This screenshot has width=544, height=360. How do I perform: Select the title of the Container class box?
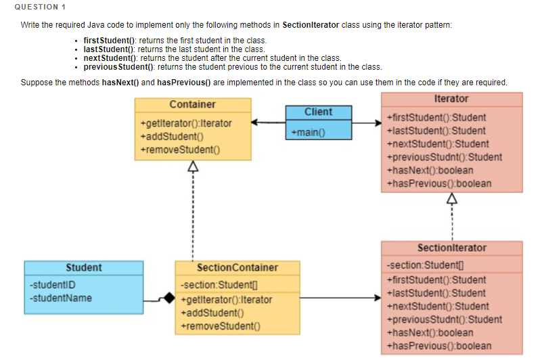pos(192,104)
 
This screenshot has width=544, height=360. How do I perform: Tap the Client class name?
pos(318,112)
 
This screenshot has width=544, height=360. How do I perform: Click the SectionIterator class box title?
pos(451,248)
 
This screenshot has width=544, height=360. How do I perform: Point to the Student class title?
pos(83,267)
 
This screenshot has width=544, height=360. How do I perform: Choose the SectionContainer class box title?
pos(237,267)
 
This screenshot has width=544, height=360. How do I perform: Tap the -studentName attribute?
pos(61,298)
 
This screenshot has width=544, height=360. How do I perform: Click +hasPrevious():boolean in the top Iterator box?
pos(438,183)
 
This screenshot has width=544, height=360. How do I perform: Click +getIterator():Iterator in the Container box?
pos(185,124)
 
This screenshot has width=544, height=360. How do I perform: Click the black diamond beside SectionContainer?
pos(168,298)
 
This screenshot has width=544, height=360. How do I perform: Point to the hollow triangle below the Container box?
pos(193,166)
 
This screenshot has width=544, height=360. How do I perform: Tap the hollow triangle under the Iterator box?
pos(451,198)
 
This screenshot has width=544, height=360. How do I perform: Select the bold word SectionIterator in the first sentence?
pos(311,25)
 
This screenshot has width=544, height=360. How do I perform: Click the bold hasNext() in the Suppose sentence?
pos(120,83)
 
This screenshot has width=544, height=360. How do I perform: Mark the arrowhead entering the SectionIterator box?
pos(376,298)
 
